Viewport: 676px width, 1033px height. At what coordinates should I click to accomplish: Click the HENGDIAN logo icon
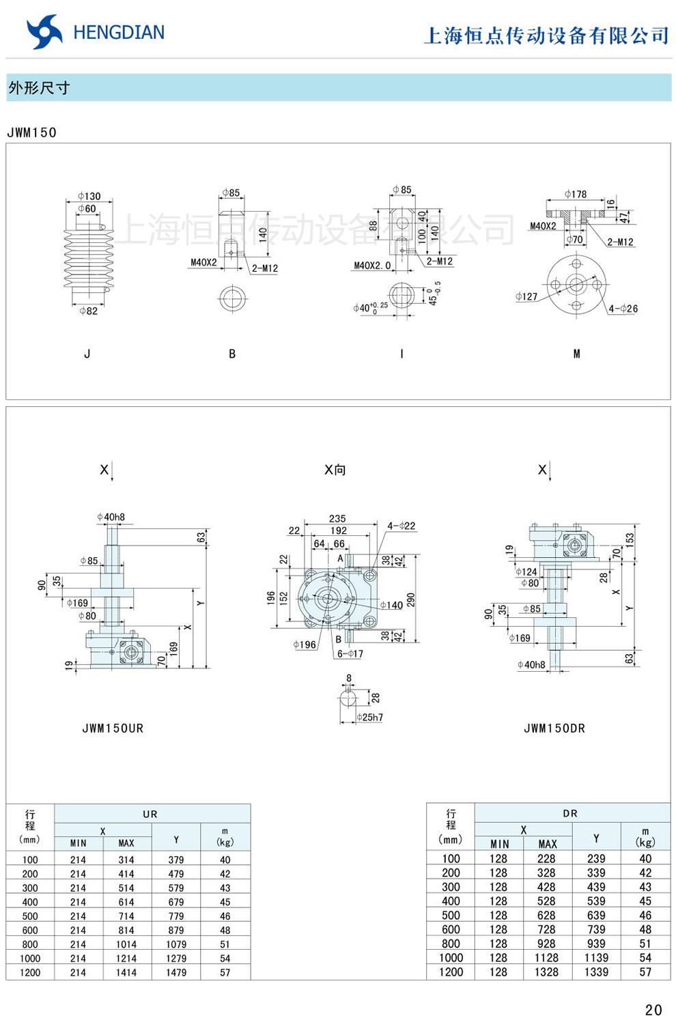pyautogui.click(x=44, y=32)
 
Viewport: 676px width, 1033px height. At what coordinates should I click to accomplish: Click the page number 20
pyautogui.click(x=653, y=1010)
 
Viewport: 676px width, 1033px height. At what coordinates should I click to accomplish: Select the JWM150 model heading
pyautogui.click(x=32, y=132)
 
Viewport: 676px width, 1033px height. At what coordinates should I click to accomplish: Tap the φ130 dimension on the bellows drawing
pyautogui.click(x=89, y=196)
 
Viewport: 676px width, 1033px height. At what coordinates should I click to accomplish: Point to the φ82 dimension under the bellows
pyautogui.click(x=88, y=311)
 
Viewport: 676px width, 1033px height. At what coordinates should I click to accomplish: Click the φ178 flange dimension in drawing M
pyautogui.click(x=576, y=194)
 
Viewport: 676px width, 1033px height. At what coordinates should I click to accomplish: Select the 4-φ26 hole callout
pyautogui.click(x=623, y=309)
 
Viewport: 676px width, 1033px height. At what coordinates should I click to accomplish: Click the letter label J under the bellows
pyautogui.click(x=87, y=354)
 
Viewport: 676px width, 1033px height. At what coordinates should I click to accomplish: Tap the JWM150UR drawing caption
pyautogui.click(x=113, y=728)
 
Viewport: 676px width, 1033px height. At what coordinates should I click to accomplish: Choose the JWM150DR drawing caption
pyautogui.click(x=554, y=728)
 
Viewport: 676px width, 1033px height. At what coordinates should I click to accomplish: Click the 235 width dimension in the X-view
pyautogui.click(x=337, y=519)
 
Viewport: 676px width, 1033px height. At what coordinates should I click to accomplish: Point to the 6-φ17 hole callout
pyautogui.click(x=350, y=653)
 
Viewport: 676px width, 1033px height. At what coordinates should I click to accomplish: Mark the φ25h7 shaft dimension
pyautogui.click(x=369, y=718)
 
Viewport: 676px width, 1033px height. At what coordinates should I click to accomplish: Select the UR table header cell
pyautogui.click(x=151, y=814)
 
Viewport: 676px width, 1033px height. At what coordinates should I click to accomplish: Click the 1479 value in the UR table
pyautogui.click(x=176, y=972)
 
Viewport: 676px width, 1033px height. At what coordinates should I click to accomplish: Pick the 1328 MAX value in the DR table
pyautogui.click(x=546, y=972)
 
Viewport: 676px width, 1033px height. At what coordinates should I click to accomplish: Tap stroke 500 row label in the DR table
pyautogui.click(x=451, y=915)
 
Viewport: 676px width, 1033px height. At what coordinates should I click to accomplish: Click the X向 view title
pyautogui.click(x=335, y=470)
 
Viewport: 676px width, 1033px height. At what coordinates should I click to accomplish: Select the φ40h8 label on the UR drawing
pyautogui.click(x=111, y=517)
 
